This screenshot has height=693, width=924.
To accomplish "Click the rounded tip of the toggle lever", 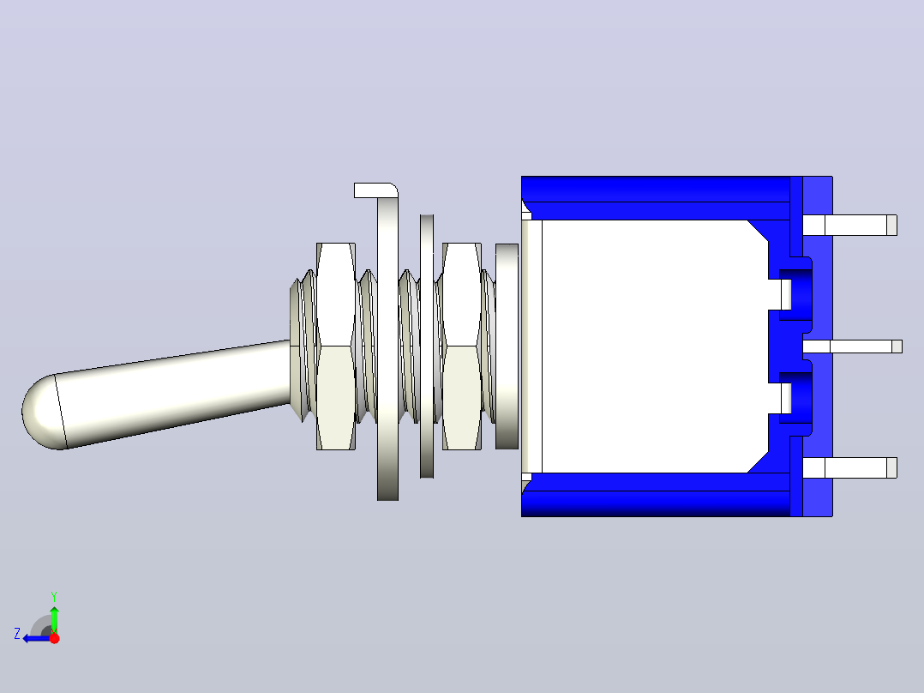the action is pos(41,412).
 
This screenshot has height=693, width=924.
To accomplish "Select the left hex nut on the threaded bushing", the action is pos(336,346).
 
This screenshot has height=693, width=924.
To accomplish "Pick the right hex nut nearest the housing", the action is pos(461,346).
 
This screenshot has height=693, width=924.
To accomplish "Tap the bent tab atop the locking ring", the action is pos(375,190).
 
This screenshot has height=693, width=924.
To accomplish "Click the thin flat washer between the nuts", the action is pos(427,346).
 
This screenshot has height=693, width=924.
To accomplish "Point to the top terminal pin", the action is pos(849,226).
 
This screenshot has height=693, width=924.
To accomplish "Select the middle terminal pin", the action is pos(852,346).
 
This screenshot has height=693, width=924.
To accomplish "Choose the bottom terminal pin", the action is pos(849,467).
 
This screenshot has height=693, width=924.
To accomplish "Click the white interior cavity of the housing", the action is pos(648,346).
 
